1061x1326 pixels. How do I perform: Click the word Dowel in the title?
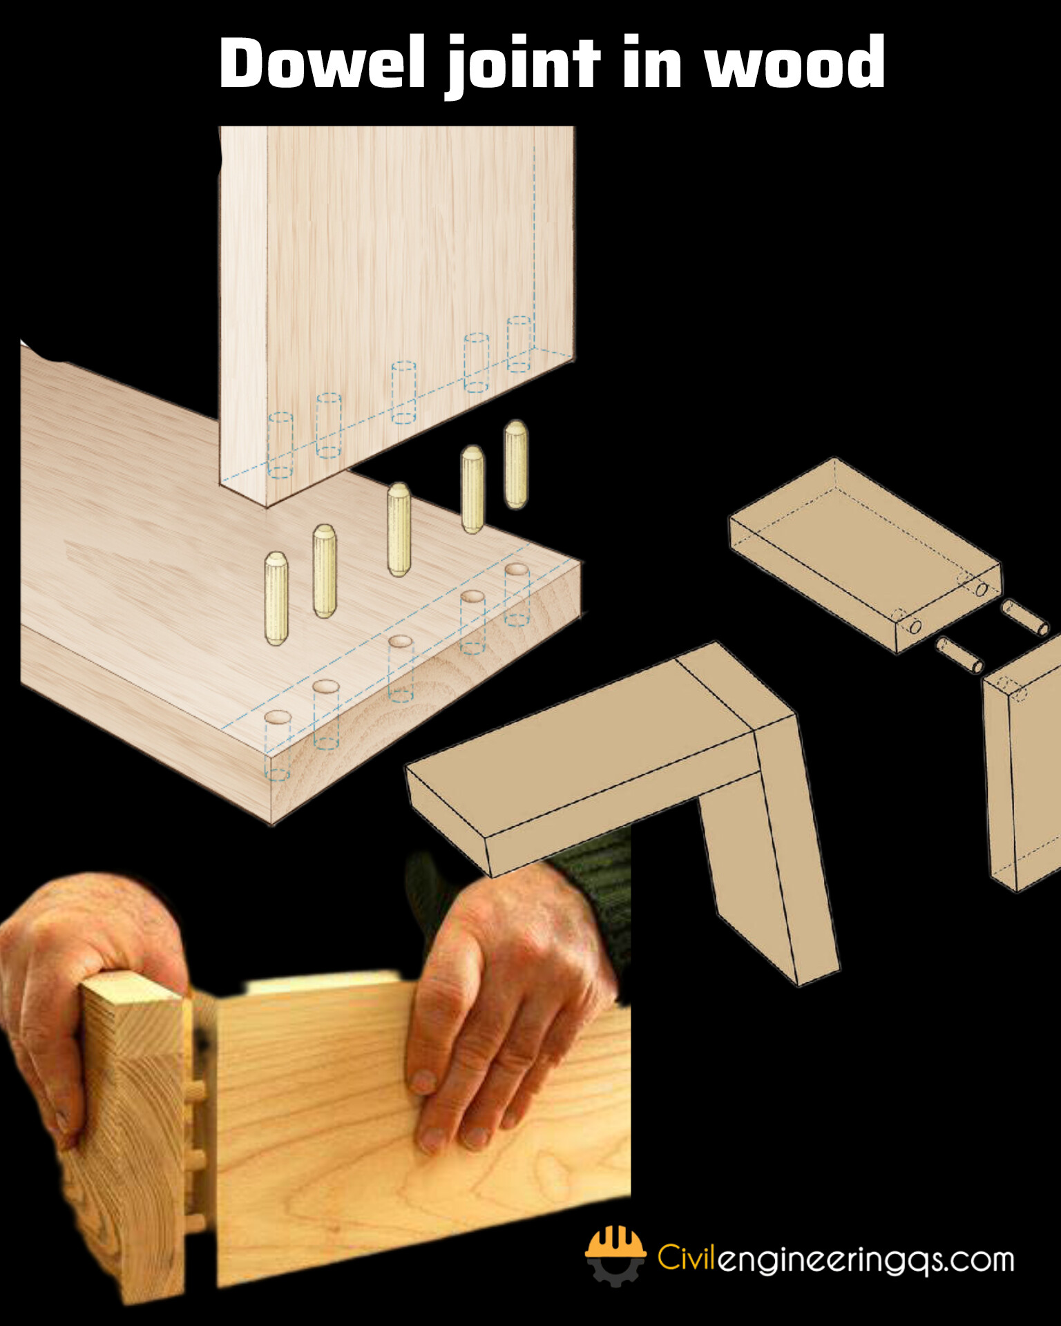point(322,64)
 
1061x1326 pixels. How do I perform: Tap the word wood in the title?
point(794,64)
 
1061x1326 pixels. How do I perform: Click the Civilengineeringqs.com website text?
point(836,1258)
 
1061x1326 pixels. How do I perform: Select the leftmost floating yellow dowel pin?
point(276,598)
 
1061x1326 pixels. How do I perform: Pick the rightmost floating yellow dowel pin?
point(515,464)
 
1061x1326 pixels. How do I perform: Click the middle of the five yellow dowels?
point(399,529)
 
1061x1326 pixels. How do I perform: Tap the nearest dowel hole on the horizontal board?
point(277,718)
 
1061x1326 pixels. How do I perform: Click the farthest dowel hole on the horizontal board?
point(516,570)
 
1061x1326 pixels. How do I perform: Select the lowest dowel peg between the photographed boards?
point(198,1222)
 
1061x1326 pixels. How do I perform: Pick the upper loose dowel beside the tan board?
point(1026,617)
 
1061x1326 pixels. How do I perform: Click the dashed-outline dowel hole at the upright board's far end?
point(519,344)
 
